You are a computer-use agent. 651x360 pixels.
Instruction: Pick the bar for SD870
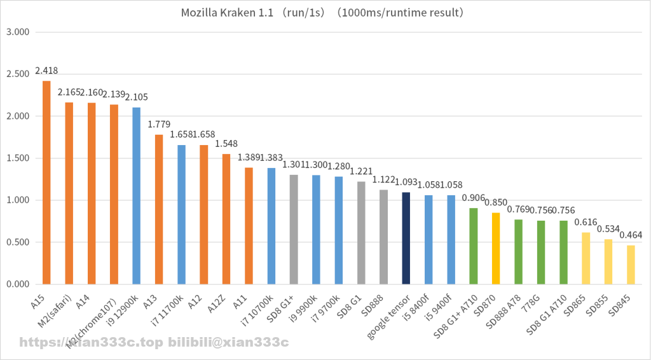pos(496,249)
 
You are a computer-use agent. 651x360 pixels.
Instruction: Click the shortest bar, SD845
pos(631,265)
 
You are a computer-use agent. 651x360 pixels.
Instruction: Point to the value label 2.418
pos(46,71)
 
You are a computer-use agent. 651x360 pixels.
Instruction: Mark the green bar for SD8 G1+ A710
pos(474,246)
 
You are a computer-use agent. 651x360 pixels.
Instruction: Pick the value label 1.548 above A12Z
pos(226,144)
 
